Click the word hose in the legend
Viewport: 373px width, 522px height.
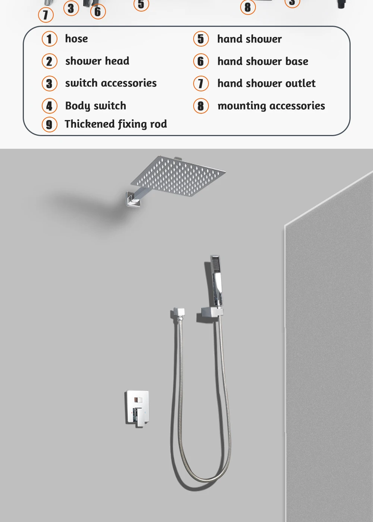click(76, 39)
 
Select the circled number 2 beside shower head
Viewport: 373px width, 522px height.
click(49, 61)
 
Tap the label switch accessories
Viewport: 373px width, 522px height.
click(111, 83)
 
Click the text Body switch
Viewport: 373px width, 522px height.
click(95, 106)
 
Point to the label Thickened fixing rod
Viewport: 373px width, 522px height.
click(116, 124)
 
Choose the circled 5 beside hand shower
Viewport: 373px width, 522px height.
click(201, 39)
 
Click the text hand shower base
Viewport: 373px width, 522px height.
click(263, 61)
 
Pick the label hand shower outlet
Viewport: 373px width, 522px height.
click(266, 84)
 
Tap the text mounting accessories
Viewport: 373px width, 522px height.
click(271, 106)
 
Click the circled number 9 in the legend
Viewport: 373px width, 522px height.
click(49, 124)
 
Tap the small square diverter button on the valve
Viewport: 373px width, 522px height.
click(138, 400)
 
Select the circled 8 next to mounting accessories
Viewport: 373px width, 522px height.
click(201, 106)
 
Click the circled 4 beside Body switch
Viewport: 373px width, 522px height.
click(49, 106)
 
